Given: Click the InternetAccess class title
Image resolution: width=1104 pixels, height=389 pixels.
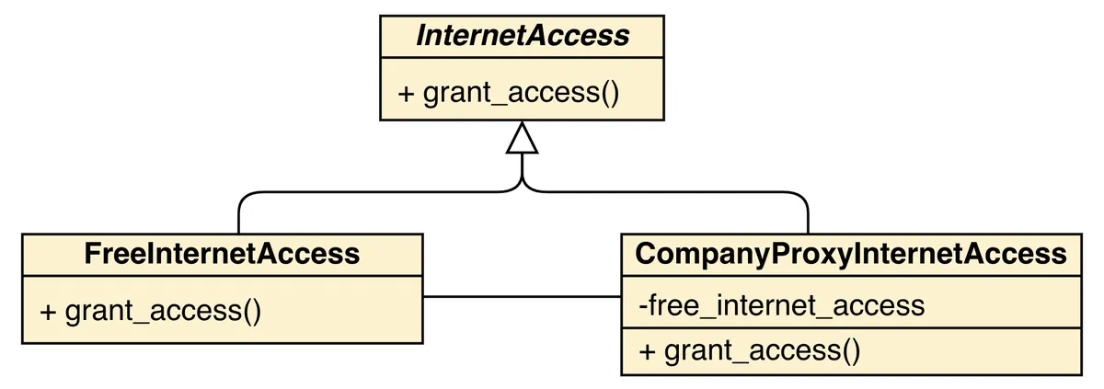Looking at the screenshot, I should click(522, 36).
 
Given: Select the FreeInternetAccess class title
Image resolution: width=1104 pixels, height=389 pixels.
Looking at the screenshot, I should click(222, 253).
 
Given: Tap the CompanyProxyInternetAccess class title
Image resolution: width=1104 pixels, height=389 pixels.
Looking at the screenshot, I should click(851, 253).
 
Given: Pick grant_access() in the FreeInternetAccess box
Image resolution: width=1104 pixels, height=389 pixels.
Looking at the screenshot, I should click(151, 310).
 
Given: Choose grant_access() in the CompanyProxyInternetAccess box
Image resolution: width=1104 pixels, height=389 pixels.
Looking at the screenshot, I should click(750, 350).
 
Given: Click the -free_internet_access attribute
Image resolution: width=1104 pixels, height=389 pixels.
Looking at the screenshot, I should click(781, 305).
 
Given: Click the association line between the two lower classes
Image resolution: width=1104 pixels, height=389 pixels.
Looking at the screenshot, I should click(522, 296).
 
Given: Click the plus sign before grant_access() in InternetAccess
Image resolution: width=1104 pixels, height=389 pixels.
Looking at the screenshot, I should click(406, 94).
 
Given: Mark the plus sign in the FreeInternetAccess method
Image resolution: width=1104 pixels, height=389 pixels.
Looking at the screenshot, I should click(48, 311).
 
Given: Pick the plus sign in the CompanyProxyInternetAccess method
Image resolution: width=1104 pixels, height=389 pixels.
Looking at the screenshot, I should click(647, 351).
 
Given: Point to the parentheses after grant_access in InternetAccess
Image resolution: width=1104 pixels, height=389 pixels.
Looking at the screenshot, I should click(608, 93).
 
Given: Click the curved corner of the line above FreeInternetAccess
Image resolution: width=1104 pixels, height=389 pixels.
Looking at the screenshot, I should click(243, 197).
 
